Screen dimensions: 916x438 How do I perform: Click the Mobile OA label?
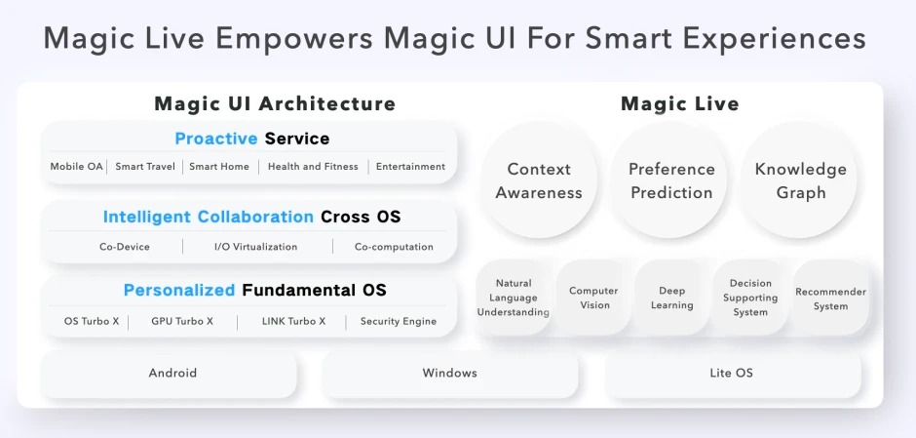click(77, 167)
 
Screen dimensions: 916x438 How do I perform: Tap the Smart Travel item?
click(145, 167)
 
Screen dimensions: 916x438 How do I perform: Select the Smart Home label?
click(219, 167)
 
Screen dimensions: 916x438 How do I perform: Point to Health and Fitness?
click(313, 167)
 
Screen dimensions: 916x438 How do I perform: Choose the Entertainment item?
click(410, 167)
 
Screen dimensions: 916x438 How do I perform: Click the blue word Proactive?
click(216, 139)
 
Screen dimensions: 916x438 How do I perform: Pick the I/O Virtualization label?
click(256, 247)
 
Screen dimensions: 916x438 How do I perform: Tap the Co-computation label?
click(394, 247)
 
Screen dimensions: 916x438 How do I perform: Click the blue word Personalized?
click(179, 290)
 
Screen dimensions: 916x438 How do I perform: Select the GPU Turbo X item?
click(182, 321)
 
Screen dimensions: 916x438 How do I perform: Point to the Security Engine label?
click(399, 321)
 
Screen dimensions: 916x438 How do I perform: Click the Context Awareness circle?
click(539, 180)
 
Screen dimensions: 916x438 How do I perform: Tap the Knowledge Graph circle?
click(800, 180)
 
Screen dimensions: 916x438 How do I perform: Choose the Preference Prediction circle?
click(671, 180)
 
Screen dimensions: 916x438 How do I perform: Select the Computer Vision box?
click(593, 298)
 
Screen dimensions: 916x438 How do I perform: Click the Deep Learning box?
click(671, 298)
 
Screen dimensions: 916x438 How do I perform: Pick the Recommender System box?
click(830, 298)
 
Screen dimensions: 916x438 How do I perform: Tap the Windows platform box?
click(450, 373)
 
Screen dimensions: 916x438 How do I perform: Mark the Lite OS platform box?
click(732, 373)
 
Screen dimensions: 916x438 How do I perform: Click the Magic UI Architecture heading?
click(275, 104)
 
